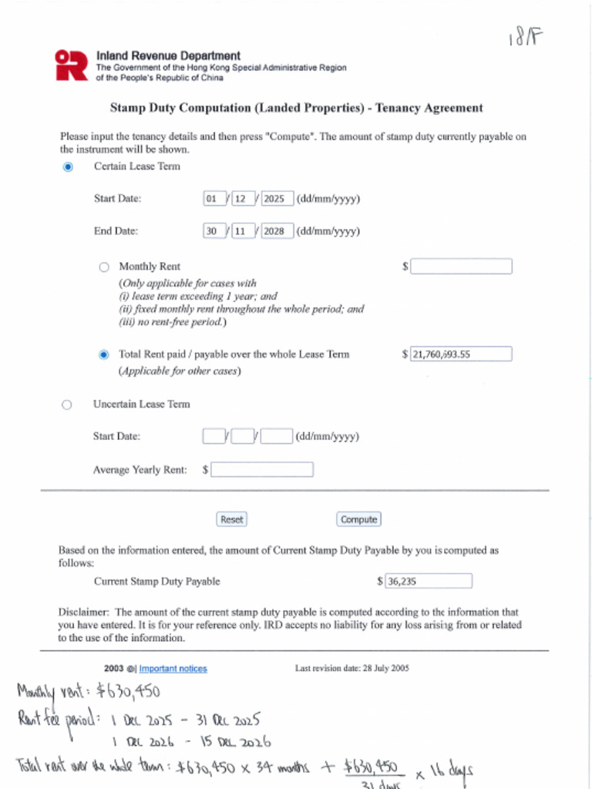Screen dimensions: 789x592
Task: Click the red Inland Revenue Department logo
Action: [x=72, y=65]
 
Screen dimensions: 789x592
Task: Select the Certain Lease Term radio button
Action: [x=68, y=166]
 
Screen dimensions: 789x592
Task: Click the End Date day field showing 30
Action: [x=213, y=230]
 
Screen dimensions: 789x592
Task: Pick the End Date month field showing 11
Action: [x=243, y=230]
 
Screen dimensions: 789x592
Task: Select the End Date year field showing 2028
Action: [x=275, y=230]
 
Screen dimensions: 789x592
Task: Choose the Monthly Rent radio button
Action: [x=104, y=267]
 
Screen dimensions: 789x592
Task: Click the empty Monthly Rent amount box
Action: [x=461, y=267]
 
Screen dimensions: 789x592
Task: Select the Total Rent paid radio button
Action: [x=104, y=354]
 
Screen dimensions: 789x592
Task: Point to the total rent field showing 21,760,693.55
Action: [x=461, y=354]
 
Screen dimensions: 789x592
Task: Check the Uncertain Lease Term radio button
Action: [x=66, y=405]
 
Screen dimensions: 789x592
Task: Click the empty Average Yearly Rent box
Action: [x=262, y=469]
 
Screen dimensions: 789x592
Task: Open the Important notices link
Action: [x=173, y=669]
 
